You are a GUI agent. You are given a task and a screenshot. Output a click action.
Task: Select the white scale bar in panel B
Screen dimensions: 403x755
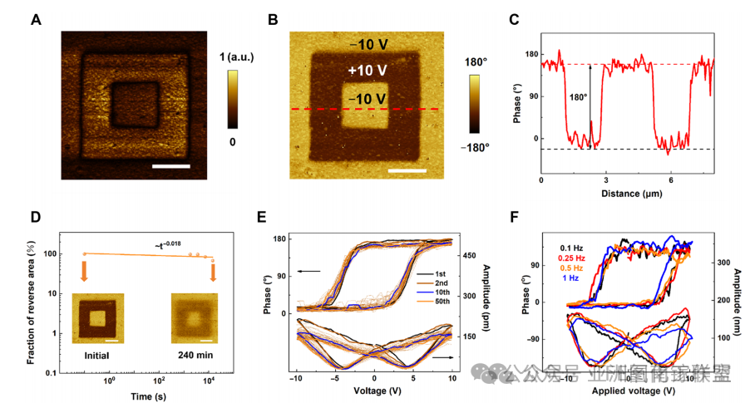[x=407, y=172]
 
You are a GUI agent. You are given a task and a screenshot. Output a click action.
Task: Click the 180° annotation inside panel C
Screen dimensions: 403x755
[x=575, y=96]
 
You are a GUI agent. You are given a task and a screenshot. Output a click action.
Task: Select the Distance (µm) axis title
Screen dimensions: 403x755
[x=628, y=193]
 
